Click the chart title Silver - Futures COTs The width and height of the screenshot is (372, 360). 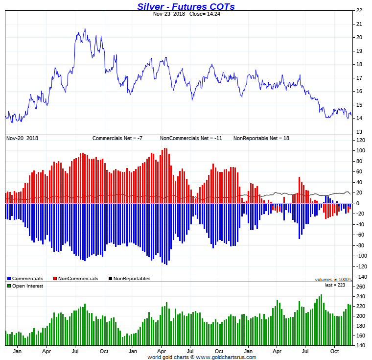186,6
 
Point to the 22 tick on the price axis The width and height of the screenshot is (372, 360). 359,10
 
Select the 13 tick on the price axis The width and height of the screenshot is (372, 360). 359,132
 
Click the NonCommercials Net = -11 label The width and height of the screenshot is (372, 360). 191,138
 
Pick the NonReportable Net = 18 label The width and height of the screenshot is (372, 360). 261,138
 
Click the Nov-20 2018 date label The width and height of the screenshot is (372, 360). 22,138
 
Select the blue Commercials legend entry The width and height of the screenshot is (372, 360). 25,279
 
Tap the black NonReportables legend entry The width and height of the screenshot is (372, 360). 129,279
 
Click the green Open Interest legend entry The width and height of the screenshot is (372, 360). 25,286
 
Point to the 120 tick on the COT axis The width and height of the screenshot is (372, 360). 361,140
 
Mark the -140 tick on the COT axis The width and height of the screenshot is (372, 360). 361,277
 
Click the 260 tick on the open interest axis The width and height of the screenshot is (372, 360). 361,287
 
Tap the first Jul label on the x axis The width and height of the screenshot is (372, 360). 76,351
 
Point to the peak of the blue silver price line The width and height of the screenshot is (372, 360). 85,28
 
